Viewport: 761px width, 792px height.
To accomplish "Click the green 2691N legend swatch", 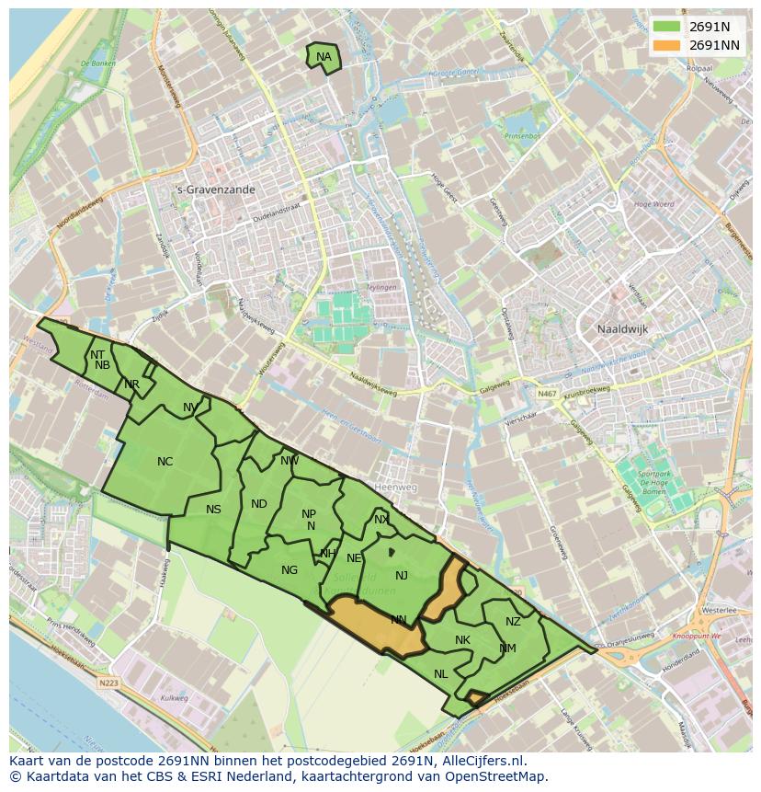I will (x=667, y=27).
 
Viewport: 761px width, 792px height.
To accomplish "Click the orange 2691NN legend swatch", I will (x=667, y=45).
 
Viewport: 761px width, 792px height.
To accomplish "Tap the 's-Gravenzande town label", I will (x=215, y=189).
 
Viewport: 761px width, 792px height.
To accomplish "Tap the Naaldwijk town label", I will (x=623, y=328).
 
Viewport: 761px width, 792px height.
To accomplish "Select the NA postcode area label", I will (x=324, y=57).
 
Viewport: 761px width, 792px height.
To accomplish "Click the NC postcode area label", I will (x=165, y=462).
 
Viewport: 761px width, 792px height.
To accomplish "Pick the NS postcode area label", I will (x=213, y=510).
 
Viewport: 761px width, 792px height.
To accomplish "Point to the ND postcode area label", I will (x=259, y=504).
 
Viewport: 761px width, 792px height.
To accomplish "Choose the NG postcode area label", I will (x=290, y=570).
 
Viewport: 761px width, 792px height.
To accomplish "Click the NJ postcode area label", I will (x=402, y=576).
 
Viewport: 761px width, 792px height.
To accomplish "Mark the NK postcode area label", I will (x=462, y=640).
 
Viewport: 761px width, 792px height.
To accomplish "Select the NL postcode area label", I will (x=441, y=674).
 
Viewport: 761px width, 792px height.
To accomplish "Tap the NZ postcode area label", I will (x=513, y=622).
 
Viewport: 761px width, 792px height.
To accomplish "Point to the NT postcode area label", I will (x=97, y=354).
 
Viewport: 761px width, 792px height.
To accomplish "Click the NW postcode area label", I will (x=290, y=461).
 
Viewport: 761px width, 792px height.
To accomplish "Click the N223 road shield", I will (x=108, y=683).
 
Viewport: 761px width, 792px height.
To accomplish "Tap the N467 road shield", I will (x=548, y=394).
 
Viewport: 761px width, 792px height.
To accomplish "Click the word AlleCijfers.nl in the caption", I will (x=479, y=761).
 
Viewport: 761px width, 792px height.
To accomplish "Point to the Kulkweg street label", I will (x=174, y=698).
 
